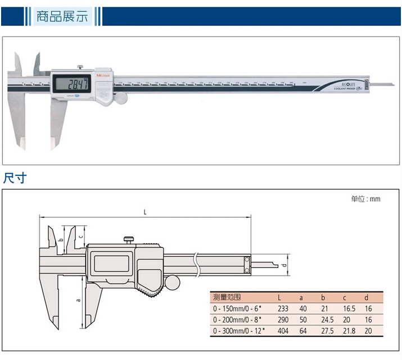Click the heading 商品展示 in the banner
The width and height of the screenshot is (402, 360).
[62, 16]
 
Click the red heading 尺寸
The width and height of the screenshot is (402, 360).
[15, 179]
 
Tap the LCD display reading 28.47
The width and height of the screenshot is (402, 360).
[73, 85]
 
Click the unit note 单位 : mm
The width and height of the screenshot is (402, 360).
[365, 199]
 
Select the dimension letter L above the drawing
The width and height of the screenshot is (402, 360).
[145, 212]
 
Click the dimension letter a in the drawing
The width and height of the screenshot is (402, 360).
[78, 300]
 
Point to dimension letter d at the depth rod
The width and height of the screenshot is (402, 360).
[285, 264]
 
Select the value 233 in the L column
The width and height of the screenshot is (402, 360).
[283, 308]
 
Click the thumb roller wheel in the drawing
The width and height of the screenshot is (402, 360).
[172, 281]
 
